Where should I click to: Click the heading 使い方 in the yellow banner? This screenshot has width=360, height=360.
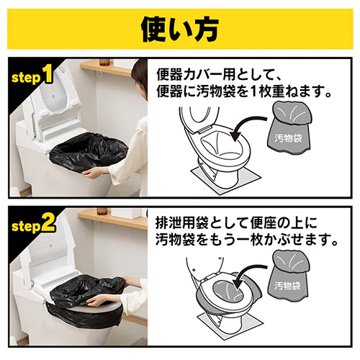point(180,30)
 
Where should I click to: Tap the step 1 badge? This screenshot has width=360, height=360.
point(32,76)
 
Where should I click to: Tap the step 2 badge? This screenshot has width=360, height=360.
point(34,225)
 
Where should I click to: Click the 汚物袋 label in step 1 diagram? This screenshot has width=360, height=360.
point(288,138)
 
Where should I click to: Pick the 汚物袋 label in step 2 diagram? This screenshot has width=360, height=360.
point(287,286)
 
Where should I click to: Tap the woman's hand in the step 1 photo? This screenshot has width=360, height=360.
point(96,171)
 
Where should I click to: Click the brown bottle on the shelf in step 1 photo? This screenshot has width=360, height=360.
point(104,61)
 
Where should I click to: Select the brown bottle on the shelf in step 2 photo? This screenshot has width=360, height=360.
point(102,212)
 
